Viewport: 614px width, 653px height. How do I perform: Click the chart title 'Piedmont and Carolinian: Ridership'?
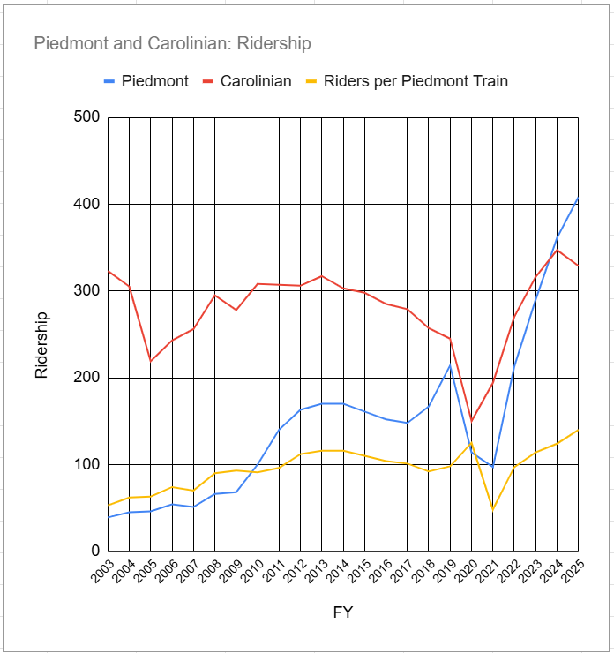tap(172, 43)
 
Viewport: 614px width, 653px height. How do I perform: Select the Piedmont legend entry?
tap(154, 81)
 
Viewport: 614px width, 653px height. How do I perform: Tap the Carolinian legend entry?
tap(256, 81)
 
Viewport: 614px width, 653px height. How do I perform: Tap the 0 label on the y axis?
tap(95, 551)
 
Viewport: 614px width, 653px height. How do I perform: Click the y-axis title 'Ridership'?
tap(41, 345)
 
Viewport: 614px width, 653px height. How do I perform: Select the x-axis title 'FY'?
tap(343, 612)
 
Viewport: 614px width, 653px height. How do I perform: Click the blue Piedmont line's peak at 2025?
tap(579, 198)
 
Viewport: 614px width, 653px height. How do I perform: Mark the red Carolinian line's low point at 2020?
tap(472, 421)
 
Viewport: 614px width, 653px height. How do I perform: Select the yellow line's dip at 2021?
tap(493, 509)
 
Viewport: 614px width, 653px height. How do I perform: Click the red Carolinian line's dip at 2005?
tap(151, 361)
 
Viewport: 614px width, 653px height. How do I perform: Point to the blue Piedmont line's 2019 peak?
tap(450, 365)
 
